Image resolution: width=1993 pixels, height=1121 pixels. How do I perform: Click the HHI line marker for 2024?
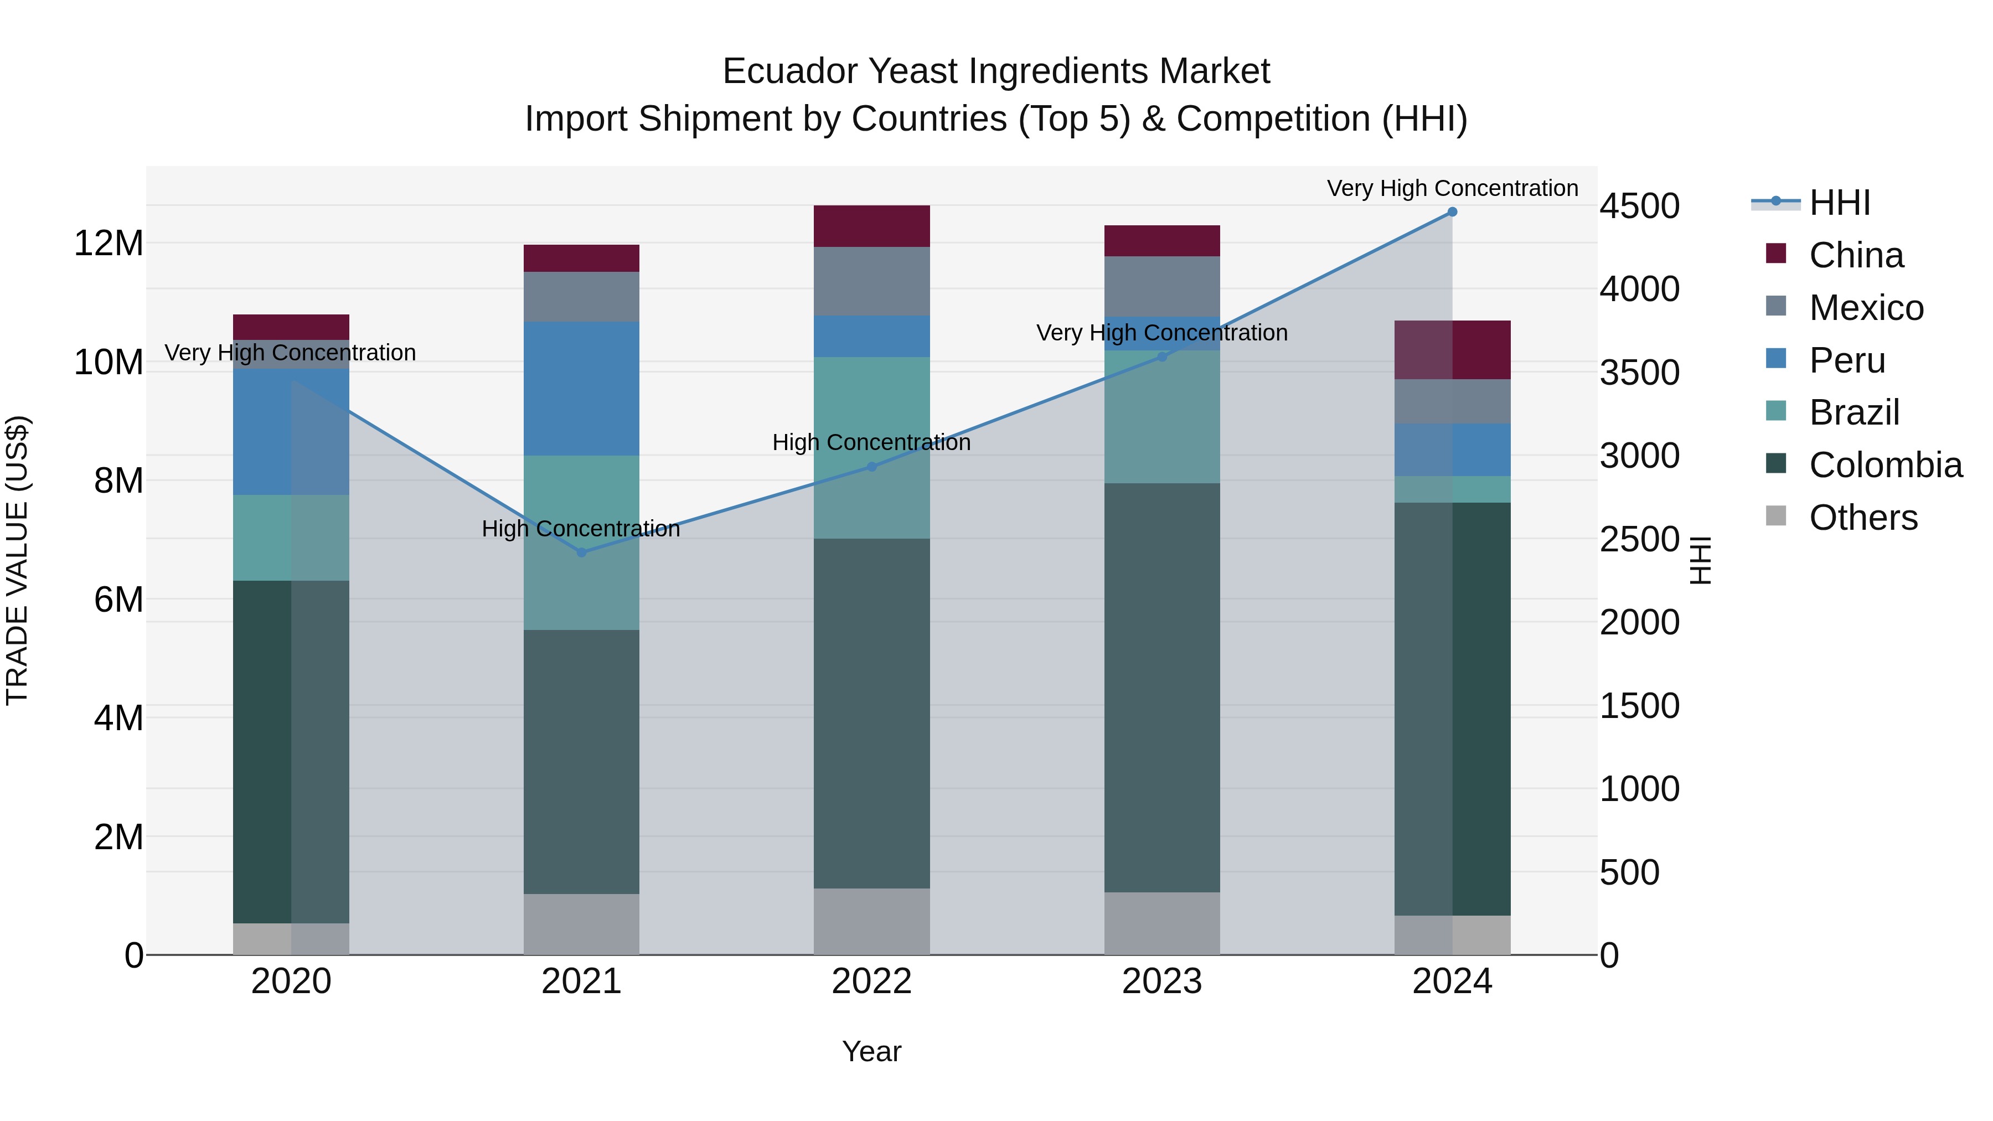[1452, 212]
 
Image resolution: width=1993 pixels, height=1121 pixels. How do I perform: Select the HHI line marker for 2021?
[582, 552]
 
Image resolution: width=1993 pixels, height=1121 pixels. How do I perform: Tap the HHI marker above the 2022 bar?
[872, 467]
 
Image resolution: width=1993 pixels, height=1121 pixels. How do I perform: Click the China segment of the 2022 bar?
[872, 226]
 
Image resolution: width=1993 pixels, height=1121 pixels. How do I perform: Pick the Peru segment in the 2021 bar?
[582, 389]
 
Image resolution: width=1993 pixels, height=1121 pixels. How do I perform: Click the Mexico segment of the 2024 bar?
[1452, 401]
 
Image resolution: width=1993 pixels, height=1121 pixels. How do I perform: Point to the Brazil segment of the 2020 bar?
[291, 538]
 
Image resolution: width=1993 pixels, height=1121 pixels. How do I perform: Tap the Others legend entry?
[1863, 518]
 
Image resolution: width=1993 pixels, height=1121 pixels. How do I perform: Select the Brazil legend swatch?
[1777, 411]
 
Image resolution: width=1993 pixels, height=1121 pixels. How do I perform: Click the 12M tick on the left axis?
[109, 243]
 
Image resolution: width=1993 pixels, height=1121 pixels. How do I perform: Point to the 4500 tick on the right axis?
[1639, 206]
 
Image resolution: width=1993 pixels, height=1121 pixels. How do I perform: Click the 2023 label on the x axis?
[1162, 981]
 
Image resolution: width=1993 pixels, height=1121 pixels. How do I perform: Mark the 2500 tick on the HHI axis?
[1639, 539]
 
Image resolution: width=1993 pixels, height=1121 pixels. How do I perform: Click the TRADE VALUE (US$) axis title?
[17, 560]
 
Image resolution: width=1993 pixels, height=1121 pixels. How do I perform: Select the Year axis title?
[872, 1051]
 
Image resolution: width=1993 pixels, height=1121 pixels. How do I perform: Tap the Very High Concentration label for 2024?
[1452, 188]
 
